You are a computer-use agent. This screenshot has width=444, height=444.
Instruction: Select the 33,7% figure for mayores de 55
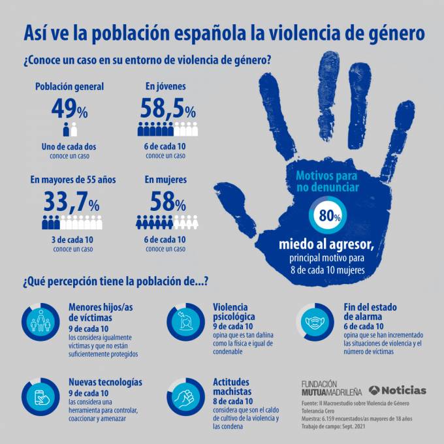71,202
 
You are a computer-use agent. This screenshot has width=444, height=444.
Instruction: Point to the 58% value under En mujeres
168,202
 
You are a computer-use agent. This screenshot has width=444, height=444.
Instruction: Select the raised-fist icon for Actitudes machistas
183,397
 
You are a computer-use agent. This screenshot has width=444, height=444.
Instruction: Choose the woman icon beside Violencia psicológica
183,322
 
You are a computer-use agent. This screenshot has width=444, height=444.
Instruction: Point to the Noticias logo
398,390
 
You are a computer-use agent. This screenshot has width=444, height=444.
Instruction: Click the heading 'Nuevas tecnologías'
105,382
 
